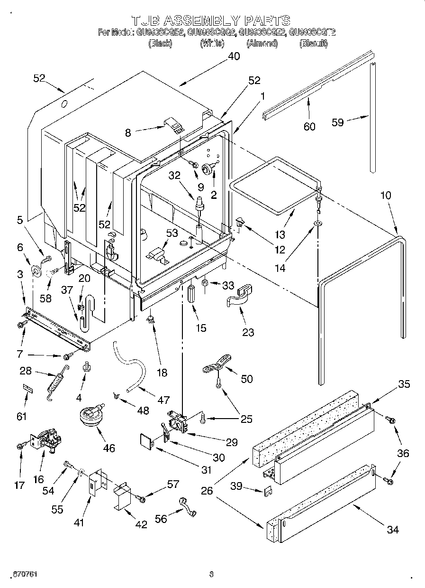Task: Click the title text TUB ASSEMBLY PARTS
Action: tap(210, 20)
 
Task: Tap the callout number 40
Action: tap(234, 56)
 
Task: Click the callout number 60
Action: tap(309, 126)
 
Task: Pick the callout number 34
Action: tap(392, 530)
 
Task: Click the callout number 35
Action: tap(403, 384)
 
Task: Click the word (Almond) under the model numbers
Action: tap(262, 44)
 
